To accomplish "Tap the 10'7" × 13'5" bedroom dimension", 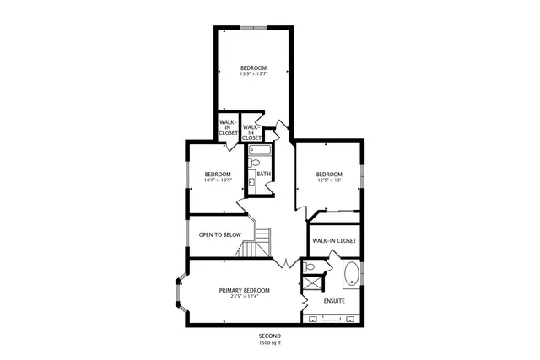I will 218,180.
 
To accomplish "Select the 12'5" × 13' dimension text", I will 329,180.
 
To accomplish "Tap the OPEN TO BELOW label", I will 219,234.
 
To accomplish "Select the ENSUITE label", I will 334,300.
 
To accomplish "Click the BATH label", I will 264,175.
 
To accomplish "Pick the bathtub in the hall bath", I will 259,151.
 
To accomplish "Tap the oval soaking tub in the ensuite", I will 351,274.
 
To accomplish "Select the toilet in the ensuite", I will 310,267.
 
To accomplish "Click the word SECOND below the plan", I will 270,336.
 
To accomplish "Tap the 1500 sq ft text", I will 270,342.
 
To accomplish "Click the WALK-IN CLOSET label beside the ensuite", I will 334,240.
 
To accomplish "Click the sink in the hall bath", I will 252,180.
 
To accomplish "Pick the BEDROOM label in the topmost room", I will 253,68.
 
